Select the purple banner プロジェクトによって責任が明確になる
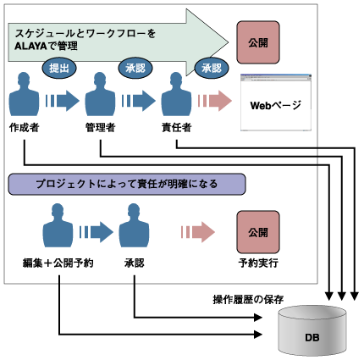pos(126,183)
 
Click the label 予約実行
pos(258,263)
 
